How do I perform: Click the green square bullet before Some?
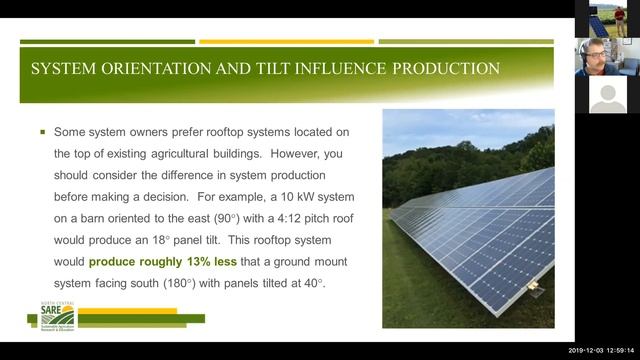coord(42,131)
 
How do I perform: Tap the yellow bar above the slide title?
coord(286,42)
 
